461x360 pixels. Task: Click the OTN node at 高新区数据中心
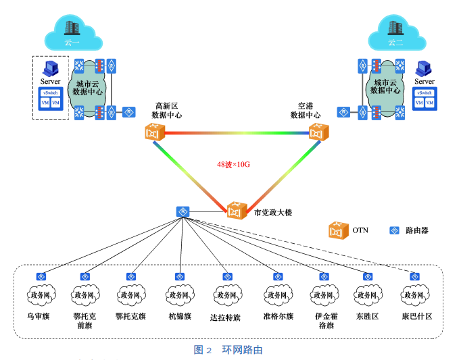coord(155,132)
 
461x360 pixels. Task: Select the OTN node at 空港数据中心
coord(318,132)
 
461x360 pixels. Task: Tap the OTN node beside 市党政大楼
coord(236,210)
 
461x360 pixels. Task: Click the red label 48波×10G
coord(234,163)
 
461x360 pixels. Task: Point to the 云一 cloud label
coord(72,43)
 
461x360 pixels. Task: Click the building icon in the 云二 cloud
coord(395,27)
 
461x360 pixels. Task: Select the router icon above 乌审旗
coord(40,276)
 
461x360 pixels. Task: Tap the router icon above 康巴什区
coord(414,276)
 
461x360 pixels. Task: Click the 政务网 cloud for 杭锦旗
coord(180,295)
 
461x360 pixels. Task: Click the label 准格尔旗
coord(278,316)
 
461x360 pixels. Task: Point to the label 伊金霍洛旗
coord(324,320)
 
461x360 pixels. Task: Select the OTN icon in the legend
coord(337,230)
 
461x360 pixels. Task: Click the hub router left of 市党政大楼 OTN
coord(183,211)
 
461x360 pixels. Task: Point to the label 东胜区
coord(369,316)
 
